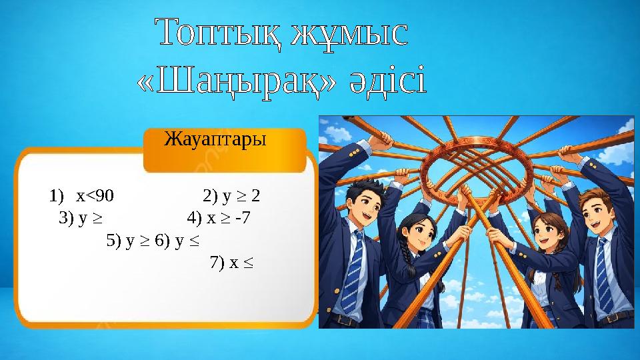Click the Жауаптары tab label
pos(215,140)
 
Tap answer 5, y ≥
pos(129,240)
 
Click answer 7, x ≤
pos(231,263)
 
